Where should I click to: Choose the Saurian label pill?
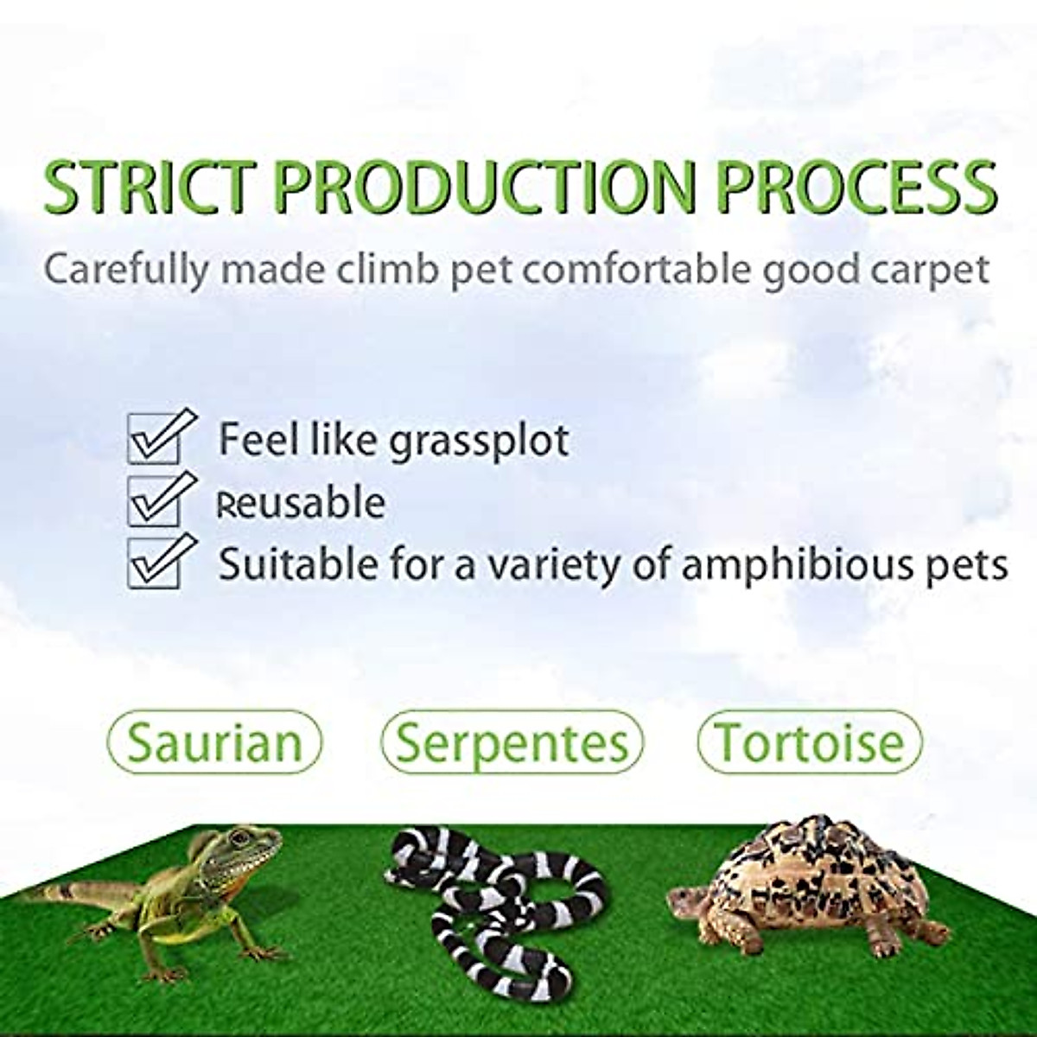(215, 741)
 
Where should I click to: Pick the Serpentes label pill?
(513, 741)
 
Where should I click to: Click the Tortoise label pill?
(809, 741)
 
